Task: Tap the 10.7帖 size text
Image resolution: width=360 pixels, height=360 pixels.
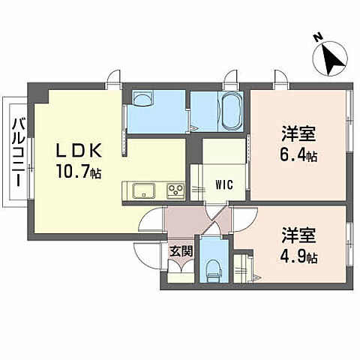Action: (77, 172)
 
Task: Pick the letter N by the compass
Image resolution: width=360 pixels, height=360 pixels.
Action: (317, 35)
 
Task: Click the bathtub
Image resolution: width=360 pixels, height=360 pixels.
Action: (229, 112)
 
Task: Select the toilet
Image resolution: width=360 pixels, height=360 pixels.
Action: (212, 266)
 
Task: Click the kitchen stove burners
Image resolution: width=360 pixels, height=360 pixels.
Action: (174, 190)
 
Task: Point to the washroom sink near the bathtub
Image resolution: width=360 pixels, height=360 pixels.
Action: (142, 100)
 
